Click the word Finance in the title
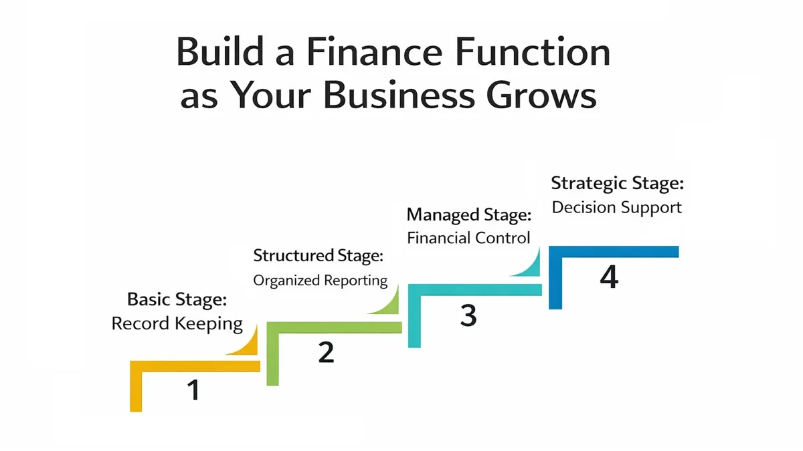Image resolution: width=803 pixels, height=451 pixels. click(347, 54)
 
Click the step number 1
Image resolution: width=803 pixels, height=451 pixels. click(193, 390)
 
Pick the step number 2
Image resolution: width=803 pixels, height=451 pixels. click(326, 352)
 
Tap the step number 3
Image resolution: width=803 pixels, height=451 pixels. click(468, 315)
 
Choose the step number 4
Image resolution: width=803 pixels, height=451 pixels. click(608, 277)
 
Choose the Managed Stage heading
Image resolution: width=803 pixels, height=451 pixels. click(469, 215)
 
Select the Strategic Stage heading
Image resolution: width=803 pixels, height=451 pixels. click(617, 183)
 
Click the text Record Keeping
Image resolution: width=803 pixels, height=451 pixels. click(177, 323)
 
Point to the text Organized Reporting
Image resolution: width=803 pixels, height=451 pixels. click(320, 280)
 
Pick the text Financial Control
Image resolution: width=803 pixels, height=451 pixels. click(468, 238)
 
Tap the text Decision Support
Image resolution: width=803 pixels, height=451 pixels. click(616, 207)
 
